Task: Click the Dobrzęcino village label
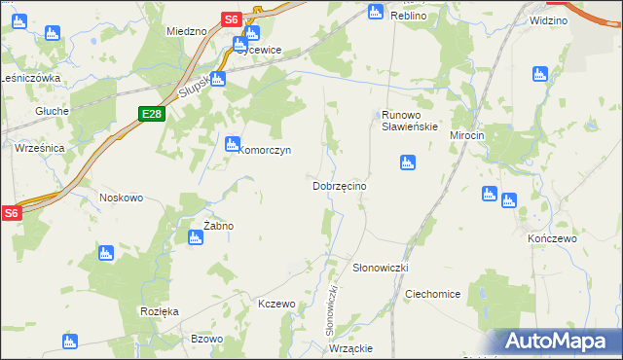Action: (339, 185)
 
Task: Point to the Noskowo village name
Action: (121, 198)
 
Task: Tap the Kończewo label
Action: (552, 238)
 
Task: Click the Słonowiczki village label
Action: (380, 267)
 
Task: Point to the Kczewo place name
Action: (276, 305)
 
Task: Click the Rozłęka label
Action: (159, 311)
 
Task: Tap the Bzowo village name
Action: (207, 339)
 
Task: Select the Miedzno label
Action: (187, 31)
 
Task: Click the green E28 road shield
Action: (151, 114)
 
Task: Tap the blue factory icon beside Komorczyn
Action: (232, 145)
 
